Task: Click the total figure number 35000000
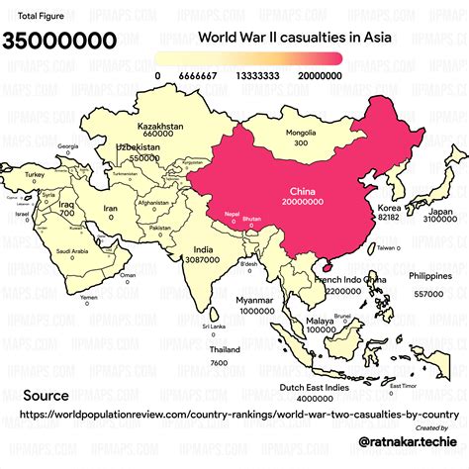tap(59, 41)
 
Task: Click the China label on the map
tap(302, 190)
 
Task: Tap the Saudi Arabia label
tap(73, 251)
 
